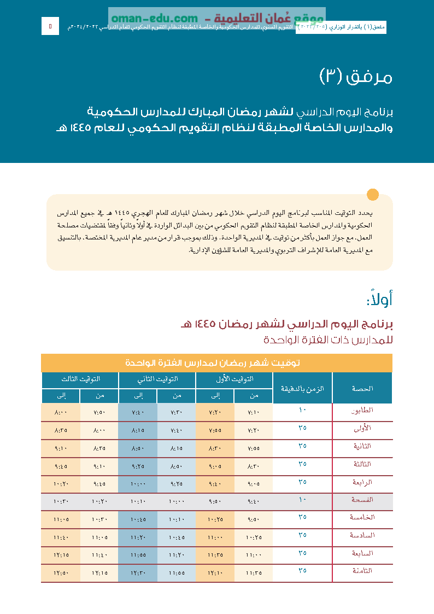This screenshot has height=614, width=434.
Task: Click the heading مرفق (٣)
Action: click(x=355, y=77)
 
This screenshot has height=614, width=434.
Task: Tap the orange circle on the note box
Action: click(x=372, y=195)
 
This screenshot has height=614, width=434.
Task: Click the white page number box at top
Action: click(x=50, y=26)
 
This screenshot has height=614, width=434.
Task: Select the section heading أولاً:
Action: click(x=379, y=299)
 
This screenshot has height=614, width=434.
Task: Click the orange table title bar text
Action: click(x=216, y=363)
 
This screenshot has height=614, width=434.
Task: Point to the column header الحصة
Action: click(x=362, y=388)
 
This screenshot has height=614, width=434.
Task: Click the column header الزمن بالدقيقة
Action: click(x=302, y=388)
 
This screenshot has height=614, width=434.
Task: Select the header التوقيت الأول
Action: click(x=234, y=379)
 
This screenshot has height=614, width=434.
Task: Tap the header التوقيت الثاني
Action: click(x=157, y=379)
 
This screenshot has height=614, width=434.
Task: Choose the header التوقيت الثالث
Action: click(x=80, y=379)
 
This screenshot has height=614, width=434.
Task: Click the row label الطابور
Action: click(x=363, y=410)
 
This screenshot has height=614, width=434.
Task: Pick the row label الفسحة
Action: click(x=362, y=499)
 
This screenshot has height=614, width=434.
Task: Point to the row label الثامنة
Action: click(x=362, y=570)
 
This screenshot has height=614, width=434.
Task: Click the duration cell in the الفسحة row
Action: click(x=302, y=499)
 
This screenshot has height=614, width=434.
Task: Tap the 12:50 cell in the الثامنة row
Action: click(x=61, y=573)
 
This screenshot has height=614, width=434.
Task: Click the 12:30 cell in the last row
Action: click(x=138, y=573)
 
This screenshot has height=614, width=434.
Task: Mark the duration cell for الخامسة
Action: click(x=302, y=517)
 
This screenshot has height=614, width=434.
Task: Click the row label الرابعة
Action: click(x=362, y=482)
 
